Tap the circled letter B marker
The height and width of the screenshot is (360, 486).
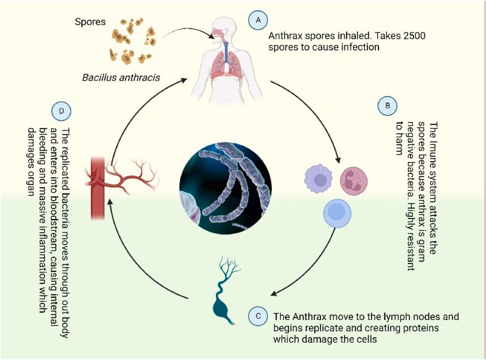[387, 106]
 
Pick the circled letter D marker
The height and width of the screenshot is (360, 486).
[62, 111]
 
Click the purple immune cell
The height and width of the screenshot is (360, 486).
[319, 180]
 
